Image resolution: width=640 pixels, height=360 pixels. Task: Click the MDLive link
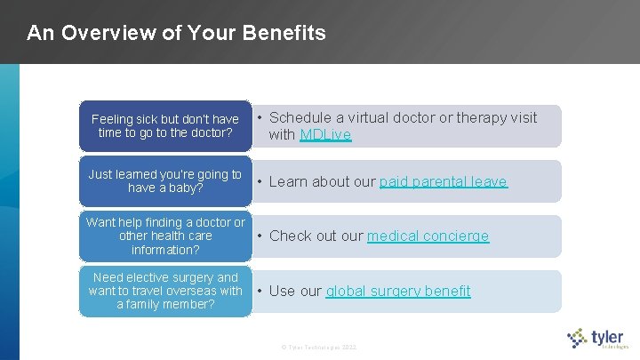coord(325,135)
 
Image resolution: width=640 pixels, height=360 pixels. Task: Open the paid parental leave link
coord(443,181)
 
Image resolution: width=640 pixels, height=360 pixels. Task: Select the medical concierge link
coord(428,236)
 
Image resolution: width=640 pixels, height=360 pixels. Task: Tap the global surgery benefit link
coord(397,291)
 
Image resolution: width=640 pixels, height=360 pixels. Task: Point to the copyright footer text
coord(318,345)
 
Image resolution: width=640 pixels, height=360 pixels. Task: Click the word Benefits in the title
coord(284,34)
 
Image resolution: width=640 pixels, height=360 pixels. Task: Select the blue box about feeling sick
coord(165,126)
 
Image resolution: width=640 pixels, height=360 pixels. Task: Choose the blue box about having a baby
coord(165,181)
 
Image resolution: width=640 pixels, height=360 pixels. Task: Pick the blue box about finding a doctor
coord(165,236)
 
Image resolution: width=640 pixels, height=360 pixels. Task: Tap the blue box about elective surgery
coord(165,291)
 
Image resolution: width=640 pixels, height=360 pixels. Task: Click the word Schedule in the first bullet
coord(300,117)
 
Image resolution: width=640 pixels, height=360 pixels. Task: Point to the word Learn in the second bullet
coord(287,181)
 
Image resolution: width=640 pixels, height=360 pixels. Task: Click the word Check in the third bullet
coord(290,236)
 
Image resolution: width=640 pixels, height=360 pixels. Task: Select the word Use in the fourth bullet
coord(282,291)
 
